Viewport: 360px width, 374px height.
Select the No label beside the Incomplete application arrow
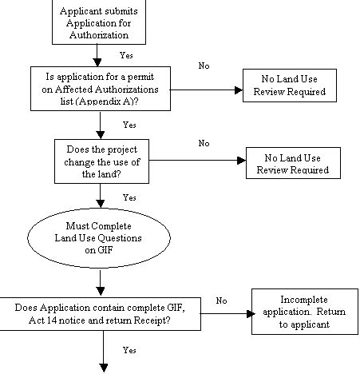click(222, 300)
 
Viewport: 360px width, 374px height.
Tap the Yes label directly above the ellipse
click(129, 196)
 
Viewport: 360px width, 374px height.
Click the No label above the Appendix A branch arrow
click(204, 65)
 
